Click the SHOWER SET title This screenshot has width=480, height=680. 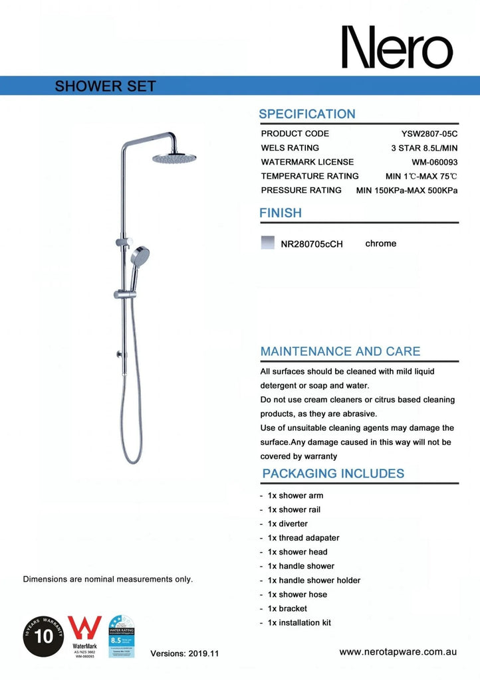pos(106,86)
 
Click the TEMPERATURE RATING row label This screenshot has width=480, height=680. pos(310,176)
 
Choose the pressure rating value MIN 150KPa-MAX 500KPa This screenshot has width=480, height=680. pos(407,190)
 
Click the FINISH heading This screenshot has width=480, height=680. pos(280,213)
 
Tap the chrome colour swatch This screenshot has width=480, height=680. pos(267,243)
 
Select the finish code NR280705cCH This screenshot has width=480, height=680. pos(312,244)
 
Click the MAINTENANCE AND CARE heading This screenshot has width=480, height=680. pos(340,351)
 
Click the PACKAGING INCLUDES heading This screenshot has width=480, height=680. pos(333,473)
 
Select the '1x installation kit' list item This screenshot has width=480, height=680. pos(299,623)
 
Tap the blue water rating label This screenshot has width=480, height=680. pos(122,636)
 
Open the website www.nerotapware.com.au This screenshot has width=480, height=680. pos(398,652)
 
